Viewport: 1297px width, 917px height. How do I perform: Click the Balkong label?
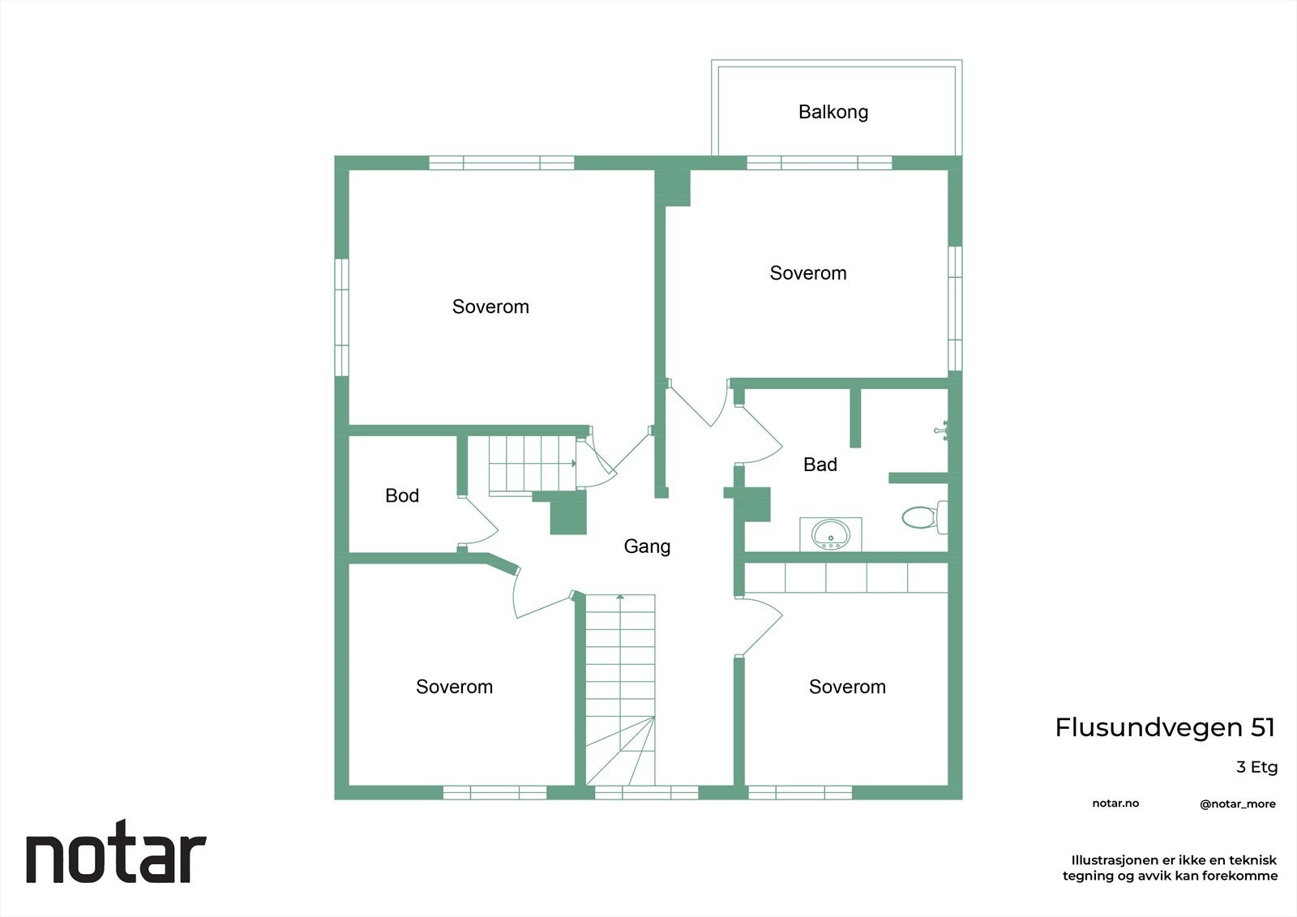833,112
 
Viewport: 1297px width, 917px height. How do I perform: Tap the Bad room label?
820,465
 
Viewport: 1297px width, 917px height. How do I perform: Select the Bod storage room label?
402,496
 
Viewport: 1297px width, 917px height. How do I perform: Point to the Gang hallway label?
647,546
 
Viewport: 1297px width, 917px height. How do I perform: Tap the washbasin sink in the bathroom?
830,533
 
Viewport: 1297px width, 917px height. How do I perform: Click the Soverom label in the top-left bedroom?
490,307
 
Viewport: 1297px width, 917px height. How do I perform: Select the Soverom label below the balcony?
807,273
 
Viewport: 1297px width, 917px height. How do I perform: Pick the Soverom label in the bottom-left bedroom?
454,687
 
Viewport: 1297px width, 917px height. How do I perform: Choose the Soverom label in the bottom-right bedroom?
847,687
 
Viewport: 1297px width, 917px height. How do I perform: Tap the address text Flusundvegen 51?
1165,728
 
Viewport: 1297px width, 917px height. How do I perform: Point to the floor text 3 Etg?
1256,768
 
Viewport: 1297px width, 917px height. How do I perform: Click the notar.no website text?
1115,803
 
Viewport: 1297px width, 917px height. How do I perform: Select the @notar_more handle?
1238,804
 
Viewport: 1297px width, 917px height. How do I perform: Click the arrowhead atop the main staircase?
620,597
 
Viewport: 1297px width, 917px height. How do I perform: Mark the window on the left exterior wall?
341,317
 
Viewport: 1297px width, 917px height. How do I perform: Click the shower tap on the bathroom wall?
941,431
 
